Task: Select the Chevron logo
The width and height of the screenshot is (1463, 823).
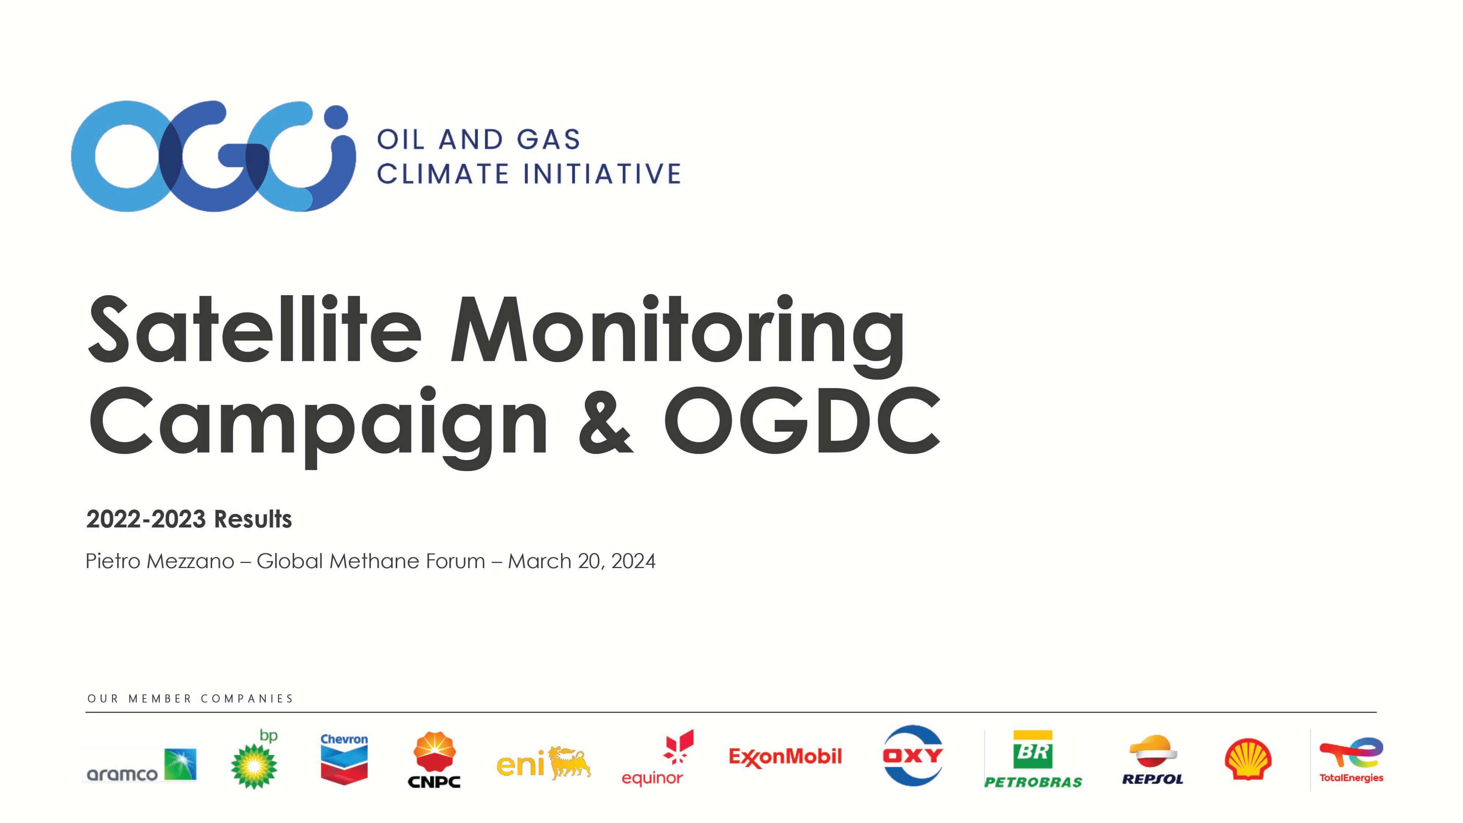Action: (344, 759)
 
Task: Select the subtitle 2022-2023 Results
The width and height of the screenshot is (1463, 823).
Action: (189, 519)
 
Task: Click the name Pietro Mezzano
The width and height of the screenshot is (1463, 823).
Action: (159, 561)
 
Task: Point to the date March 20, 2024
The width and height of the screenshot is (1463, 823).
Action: (582, 561)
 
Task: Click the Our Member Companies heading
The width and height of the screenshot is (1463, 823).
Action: (190, 699)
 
